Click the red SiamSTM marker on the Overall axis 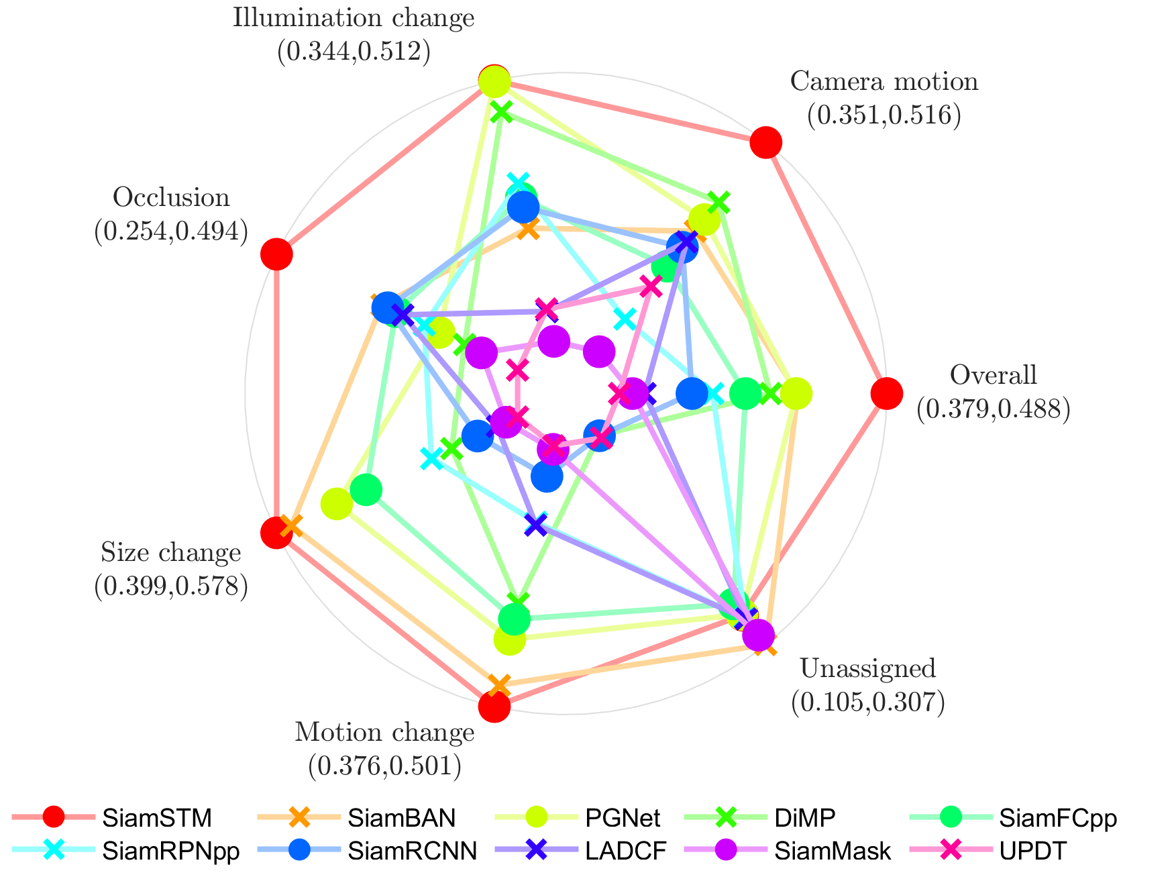(x=886, y=393)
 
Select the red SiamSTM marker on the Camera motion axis (x=765, y=142)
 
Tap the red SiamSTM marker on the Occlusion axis (x=276, y=254)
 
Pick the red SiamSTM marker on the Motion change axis (x=494, y=707)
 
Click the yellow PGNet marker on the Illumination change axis (x=495, y=83)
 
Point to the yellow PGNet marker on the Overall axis (x=796, y=393)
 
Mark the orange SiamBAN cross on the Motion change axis (x=499, y=686)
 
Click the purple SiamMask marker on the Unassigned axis (x=759, y=635)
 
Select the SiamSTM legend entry (x=157, y=818)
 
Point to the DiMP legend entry (x=804, y=818)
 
